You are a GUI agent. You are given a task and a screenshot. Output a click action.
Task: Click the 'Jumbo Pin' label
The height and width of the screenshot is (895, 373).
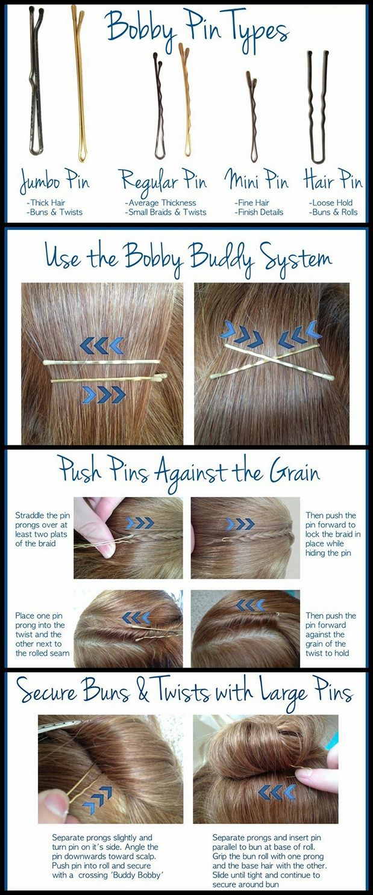coord(55,182)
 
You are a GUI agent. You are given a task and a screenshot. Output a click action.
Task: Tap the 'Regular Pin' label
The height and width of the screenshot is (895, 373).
coord(163,181)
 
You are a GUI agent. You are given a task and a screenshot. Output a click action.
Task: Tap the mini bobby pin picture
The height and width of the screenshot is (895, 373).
coord(253,116)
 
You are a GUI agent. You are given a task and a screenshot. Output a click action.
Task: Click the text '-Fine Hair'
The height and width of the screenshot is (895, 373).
coord(252,203)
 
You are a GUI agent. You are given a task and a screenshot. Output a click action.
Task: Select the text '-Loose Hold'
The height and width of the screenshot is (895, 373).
coord(330,203)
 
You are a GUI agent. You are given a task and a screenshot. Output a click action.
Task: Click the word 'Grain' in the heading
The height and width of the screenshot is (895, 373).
coord(295,472)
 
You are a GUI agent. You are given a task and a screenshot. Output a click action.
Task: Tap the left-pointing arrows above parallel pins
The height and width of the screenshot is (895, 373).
coord(102,345)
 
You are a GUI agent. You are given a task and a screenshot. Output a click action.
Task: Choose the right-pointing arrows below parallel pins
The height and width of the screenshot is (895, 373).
coord(104,394)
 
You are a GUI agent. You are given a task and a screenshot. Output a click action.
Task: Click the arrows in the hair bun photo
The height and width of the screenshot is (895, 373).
coord(277,791)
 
